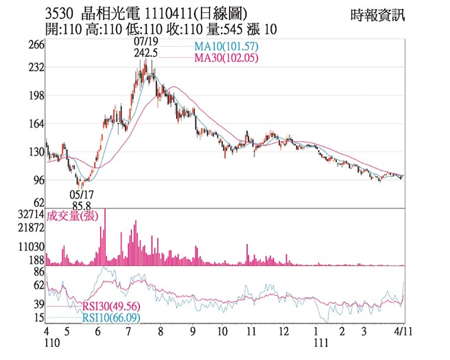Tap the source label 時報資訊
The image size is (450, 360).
[x=377, y=14]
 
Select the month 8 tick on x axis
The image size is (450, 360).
[x=161, y=331]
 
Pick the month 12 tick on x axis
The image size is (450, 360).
[x=284, y=331]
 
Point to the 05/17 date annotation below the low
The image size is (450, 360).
[x=82, y=194]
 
